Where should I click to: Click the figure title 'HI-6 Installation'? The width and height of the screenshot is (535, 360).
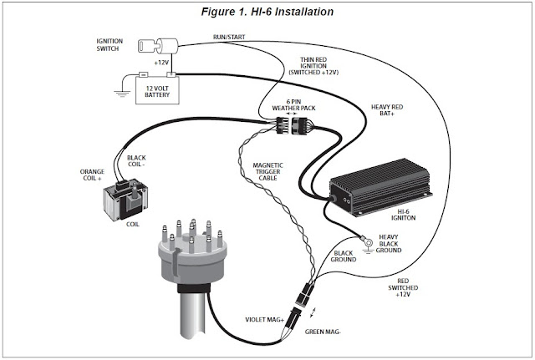tap(270, 13)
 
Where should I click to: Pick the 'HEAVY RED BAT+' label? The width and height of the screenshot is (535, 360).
tap(390, 112)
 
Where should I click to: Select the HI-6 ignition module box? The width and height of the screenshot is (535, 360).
tap(384, 190)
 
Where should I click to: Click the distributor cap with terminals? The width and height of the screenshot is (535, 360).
tap(194, 251)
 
